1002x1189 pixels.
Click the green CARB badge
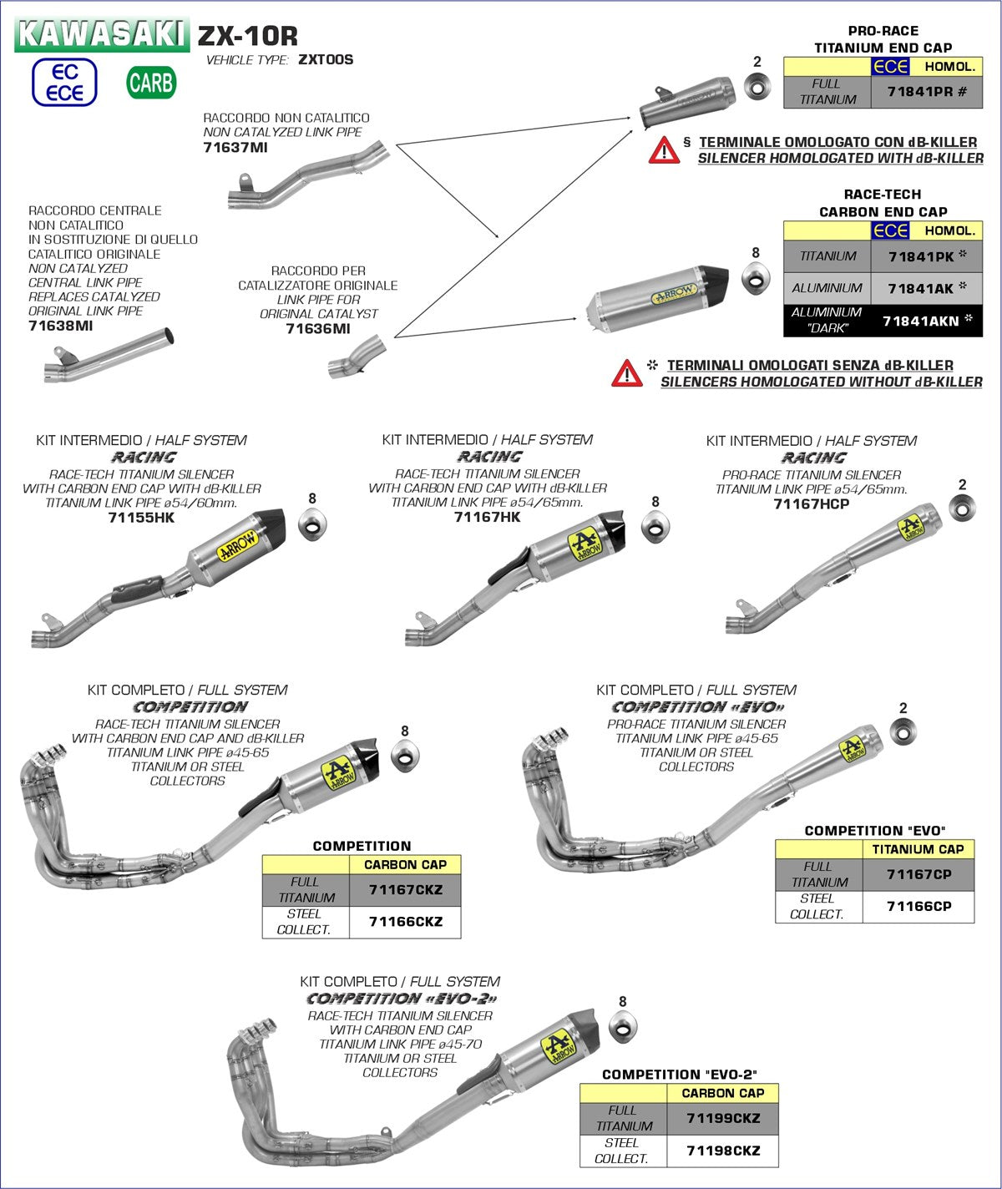tap(151, 82)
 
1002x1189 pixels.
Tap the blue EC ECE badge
tap(64, 83)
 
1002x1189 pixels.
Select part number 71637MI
tap(235, 148)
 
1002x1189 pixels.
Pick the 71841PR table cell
tap(926, 92)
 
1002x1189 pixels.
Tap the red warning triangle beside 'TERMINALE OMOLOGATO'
tap(665, 150)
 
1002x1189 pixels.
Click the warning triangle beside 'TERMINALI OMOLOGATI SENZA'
tap(627, 373)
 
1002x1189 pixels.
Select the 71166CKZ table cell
tap(405, 922)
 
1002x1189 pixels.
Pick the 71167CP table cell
tap(918, 874)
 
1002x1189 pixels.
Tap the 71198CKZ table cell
tap(723, 1151)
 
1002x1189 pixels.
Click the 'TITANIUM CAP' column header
tap(918, 849)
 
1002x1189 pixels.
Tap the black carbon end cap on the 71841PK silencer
tap(714, 281)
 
